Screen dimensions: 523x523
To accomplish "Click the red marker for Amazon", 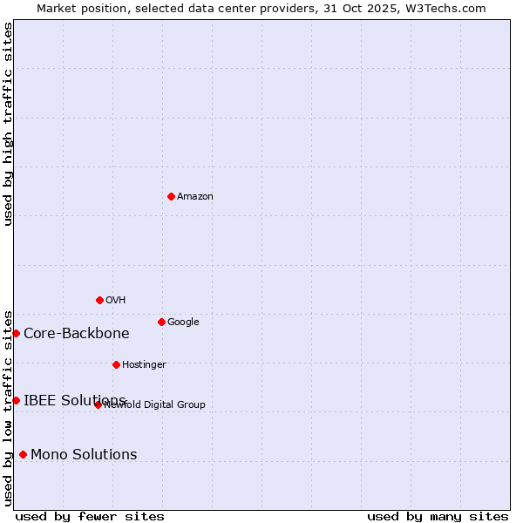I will click(x=171, y=196).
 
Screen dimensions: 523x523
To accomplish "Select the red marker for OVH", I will click(x=99, y=300).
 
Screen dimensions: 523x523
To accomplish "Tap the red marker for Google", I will click(x=161, y=322).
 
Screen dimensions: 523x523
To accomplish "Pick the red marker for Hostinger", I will click(x=116, y=364).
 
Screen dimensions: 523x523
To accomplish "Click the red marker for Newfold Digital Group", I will click(x=98, y=404).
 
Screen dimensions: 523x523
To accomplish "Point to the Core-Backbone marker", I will click(x=16, y=333).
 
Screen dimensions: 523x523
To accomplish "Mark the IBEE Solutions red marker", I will click(x=16, y=400).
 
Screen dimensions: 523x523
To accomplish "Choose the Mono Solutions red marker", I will click(x=23, y=454).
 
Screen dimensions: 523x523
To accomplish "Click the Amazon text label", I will click(x=195, y=197).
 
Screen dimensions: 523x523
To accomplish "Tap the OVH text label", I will click(x=116, y=301).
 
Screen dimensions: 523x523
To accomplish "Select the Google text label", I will click(x=183, y=323).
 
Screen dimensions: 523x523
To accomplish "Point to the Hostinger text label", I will click(x=144, y=365).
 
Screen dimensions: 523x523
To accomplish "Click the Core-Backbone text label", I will click(x=77, y=334).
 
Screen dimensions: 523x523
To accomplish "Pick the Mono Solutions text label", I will click(x=84, y=455).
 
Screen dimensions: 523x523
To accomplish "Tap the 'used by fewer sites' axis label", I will click(x=90, y=516).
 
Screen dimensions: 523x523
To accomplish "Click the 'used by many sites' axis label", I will click(x=438, y=516).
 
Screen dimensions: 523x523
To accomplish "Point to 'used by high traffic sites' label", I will click(x=9, y=124).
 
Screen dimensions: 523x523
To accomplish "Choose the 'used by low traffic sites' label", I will click(x=9, y=408).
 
